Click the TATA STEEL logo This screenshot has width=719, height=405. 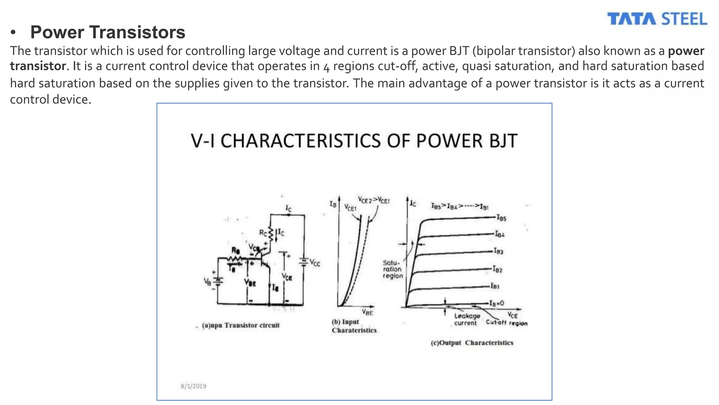pos(657,19)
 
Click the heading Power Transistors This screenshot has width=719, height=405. pos(107,32)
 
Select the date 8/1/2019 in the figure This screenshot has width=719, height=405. pos(193,386)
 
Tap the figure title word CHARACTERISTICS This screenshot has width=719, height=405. pos(301,141)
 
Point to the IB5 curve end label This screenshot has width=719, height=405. pos(501,218)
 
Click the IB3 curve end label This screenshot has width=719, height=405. pos(499,251)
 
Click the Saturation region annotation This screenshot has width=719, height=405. pos(393,269)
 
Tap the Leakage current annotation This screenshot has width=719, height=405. pos(467,320)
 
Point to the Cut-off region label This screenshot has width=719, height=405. pos(507,323)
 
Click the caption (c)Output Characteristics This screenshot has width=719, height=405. pos(472,343)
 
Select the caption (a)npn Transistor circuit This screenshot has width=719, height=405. pos(241,325)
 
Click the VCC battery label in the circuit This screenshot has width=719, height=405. pos(315,263)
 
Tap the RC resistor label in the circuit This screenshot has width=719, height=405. pos(263,232)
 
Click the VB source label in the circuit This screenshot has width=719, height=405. pos(207,281)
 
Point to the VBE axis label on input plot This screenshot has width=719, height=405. pos(367,312)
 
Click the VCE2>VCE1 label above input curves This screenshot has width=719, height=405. pos(374,200)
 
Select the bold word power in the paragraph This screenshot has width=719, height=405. pos(686,51)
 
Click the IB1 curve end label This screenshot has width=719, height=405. pos(495,286)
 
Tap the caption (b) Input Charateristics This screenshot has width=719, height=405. pos(354,326)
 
